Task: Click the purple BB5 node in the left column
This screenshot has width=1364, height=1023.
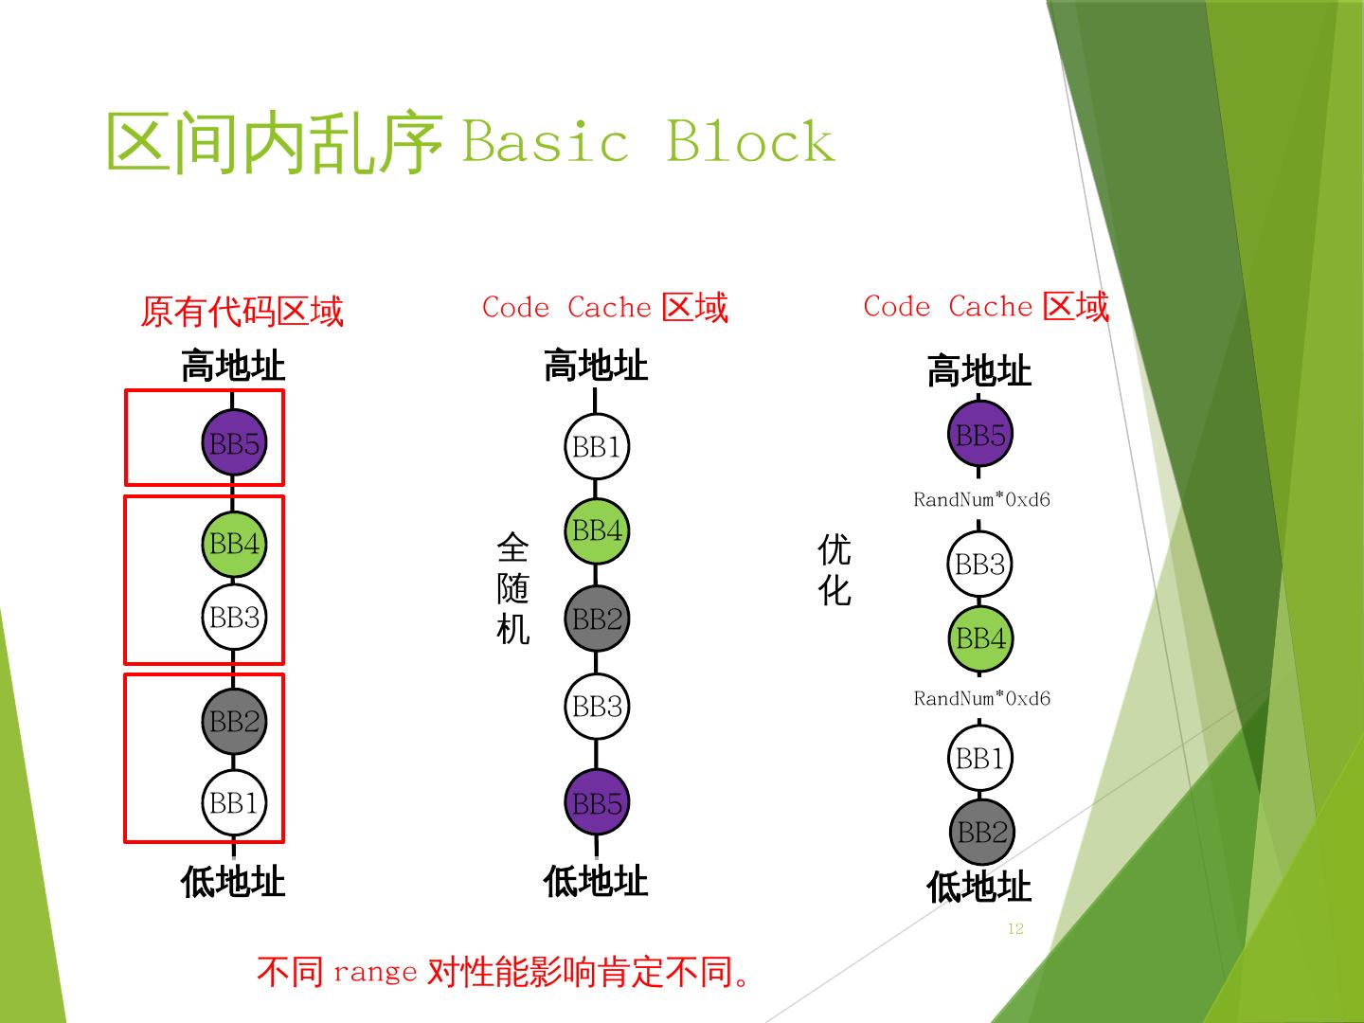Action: click(x=234, y=443)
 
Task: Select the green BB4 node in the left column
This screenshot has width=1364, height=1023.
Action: click(x=234, y=544)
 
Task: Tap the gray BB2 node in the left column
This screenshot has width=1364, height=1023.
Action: click(x=234, y=722)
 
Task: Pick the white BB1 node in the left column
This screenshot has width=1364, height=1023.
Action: click(x=234, y=803)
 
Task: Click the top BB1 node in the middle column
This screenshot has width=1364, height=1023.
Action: click(x=597, y=446)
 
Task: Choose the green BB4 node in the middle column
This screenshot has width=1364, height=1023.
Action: click(x=597, y=530)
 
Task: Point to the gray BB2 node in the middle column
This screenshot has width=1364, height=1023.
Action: click(x=597, y=619)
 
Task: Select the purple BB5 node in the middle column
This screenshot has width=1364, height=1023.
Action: click(x=597, y=803)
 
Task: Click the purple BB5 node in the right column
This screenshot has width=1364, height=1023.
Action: click(x=980, y=435)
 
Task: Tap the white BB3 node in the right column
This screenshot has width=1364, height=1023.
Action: click(x=980, y=565)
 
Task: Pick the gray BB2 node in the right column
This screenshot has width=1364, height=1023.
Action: click(x=981, y=832)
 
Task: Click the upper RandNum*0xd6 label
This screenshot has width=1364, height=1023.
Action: click(x=981, y=499)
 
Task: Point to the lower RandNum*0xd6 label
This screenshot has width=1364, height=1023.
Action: click(x=981, y=698)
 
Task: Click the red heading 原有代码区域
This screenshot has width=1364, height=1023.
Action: click(x=242, y=311)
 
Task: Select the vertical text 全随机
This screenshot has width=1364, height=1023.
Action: click(x=512, y=588)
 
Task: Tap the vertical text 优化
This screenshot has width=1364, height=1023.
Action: click(x=835, y=569)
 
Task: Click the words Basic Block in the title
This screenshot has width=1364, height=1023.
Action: click(x=648, y=142)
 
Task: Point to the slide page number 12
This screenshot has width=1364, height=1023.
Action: click(x=1015, y=928)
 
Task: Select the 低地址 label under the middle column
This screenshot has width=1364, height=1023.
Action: click(x=596, y=881)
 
